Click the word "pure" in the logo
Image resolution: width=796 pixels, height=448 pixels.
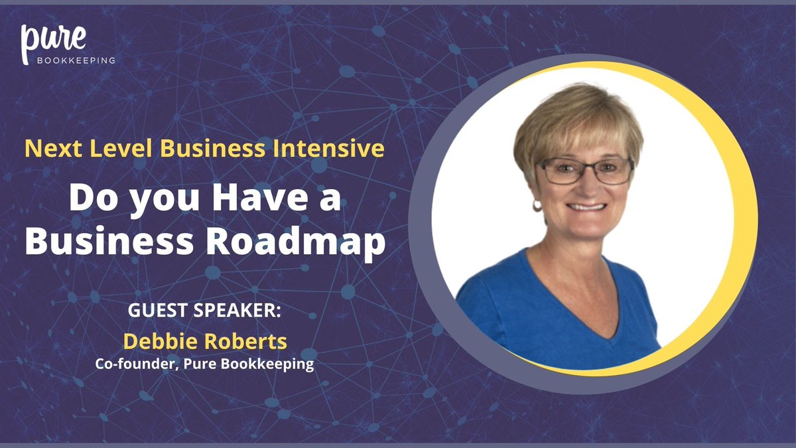53,40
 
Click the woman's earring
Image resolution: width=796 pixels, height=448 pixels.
537,206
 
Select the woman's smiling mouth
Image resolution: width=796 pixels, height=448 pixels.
587,206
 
